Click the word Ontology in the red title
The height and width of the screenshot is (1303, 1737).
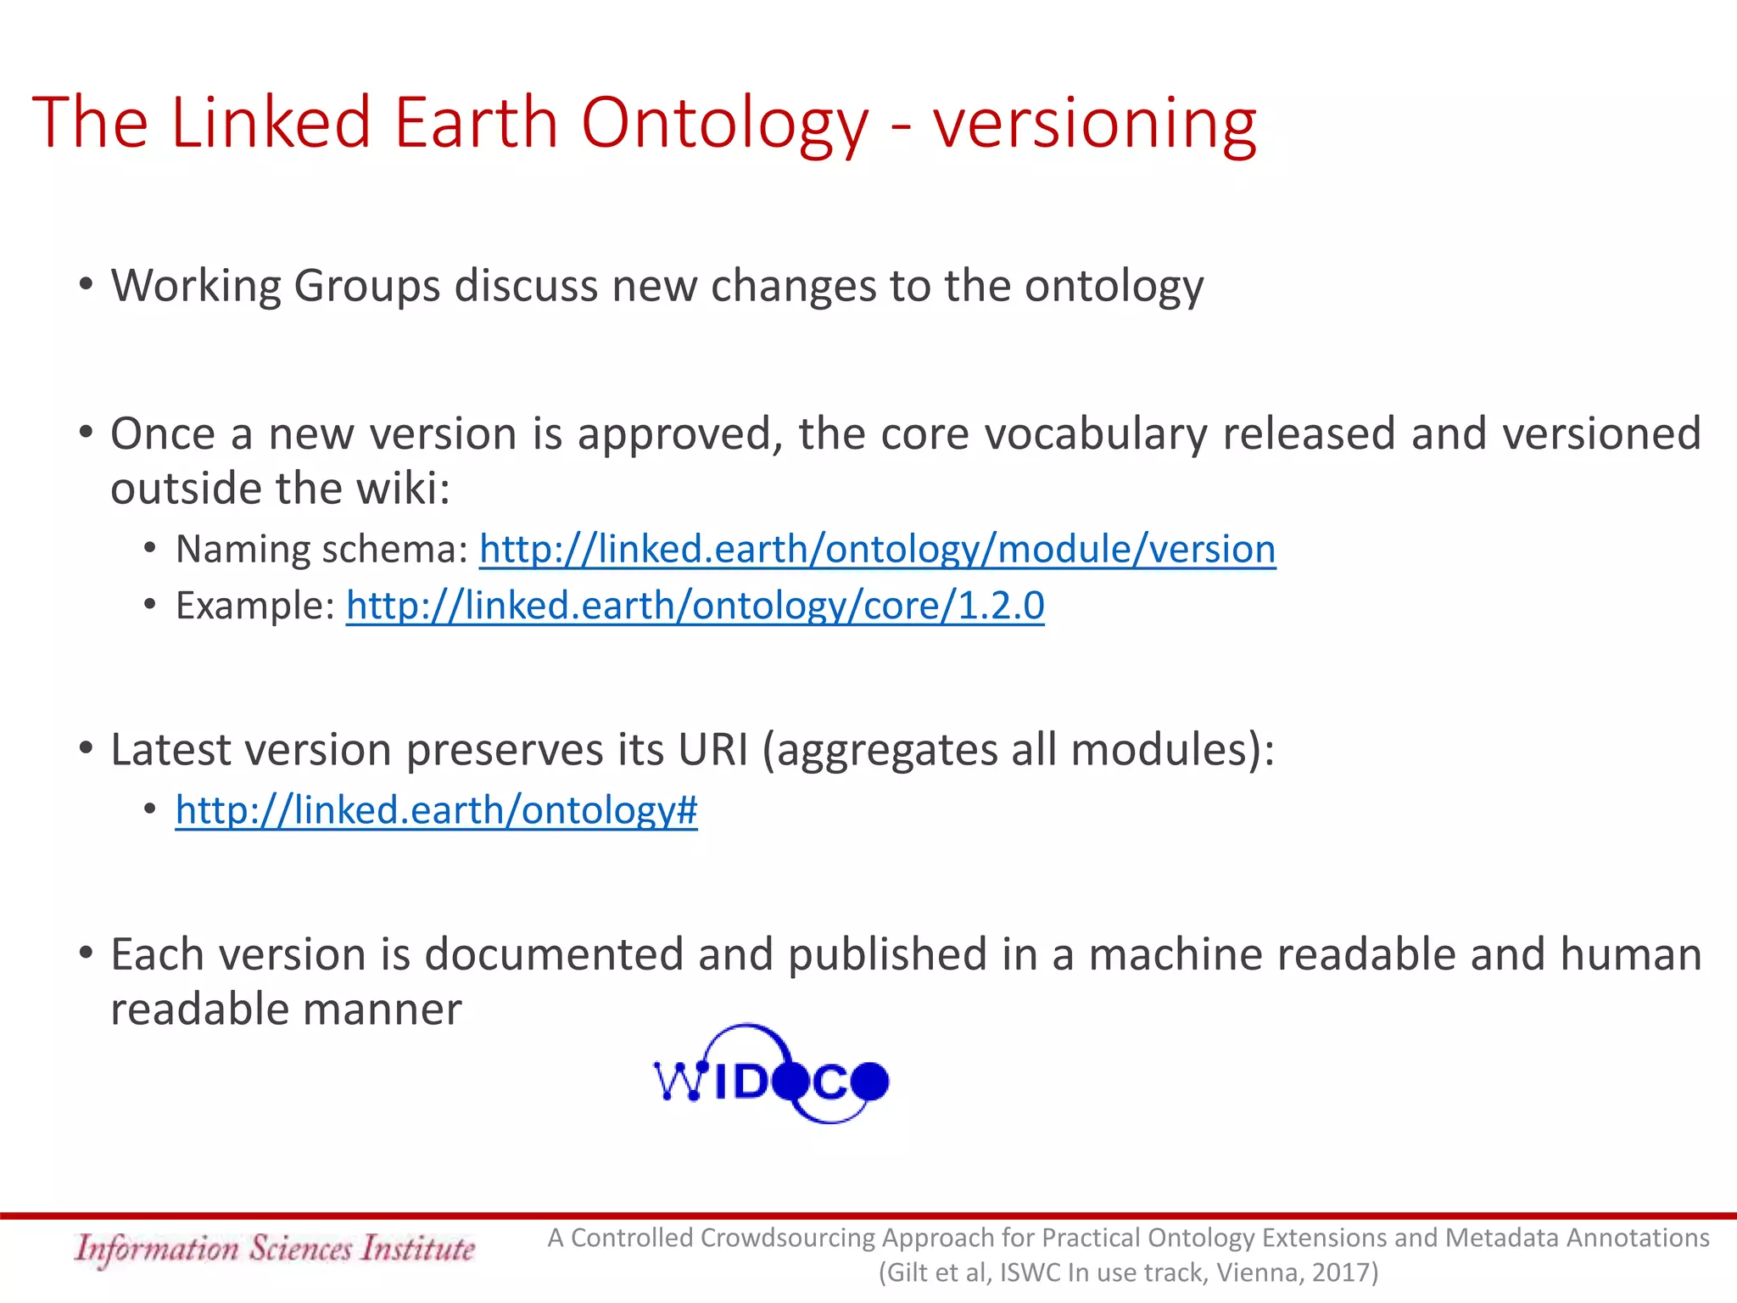(725, 124)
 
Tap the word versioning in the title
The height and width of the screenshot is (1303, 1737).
(1094, 124)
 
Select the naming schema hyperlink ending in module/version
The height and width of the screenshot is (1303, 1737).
(877, 550)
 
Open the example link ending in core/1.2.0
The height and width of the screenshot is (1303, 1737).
(695, 606)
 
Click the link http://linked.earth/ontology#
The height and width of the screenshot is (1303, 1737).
(436, 810)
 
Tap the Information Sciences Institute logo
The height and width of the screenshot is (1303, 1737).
(274, 1249)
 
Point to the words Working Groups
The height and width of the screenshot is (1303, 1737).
(276, 286)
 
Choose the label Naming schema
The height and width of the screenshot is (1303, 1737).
(321, 550)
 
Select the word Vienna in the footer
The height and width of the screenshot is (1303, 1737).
(1256, 1272)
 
